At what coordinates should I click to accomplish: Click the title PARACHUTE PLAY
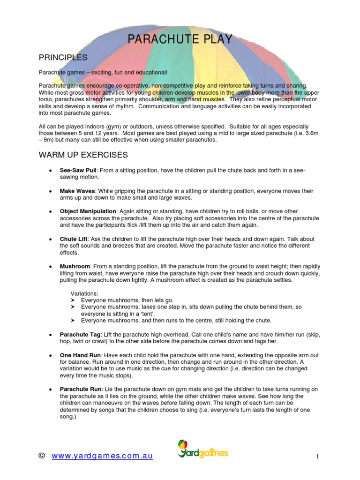coord(180,39)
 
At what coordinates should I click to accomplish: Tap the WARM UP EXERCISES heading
coord(83,155)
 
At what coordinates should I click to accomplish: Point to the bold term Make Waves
coord(77,191)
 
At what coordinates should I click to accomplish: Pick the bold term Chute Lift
coord(74,239)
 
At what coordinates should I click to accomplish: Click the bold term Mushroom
coord(75,266)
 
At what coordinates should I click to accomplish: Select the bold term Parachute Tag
coord(79,335)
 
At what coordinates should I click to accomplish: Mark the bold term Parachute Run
coord(79,390)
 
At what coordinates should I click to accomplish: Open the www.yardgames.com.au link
coord(102,457)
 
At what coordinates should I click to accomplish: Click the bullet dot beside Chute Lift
coord(50,239)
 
